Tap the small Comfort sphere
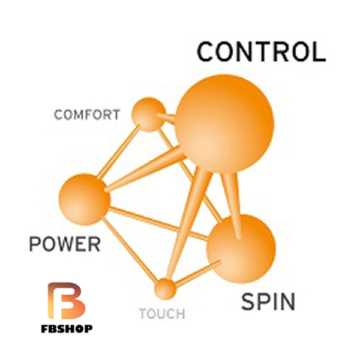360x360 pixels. (x=148, y=115)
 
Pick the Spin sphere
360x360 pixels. (x=241, y=248)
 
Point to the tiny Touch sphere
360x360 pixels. (x=165, y=289)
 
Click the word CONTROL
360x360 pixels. (x=262, y=52)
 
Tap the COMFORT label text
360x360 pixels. (x=86, y=114)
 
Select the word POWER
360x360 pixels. (x=64, y=244)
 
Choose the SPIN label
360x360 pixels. (x=268, y=302)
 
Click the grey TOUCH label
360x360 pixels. (x=162, y=313)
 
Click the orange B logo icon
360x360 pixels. (x=66, y=300)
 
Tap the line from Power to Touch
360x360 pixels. (x=130, y=250)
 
